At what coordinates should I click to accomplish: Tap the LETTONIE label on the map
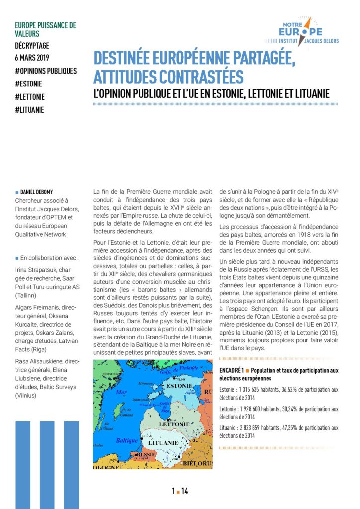point(173,424)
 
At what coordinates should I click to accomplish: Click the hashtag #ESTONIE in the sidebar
point(29,84)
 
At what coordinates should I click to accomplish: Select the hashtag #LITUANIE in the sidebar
point(30,109)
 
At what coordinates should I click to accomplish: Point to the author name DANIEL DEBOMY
point(41,191)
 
